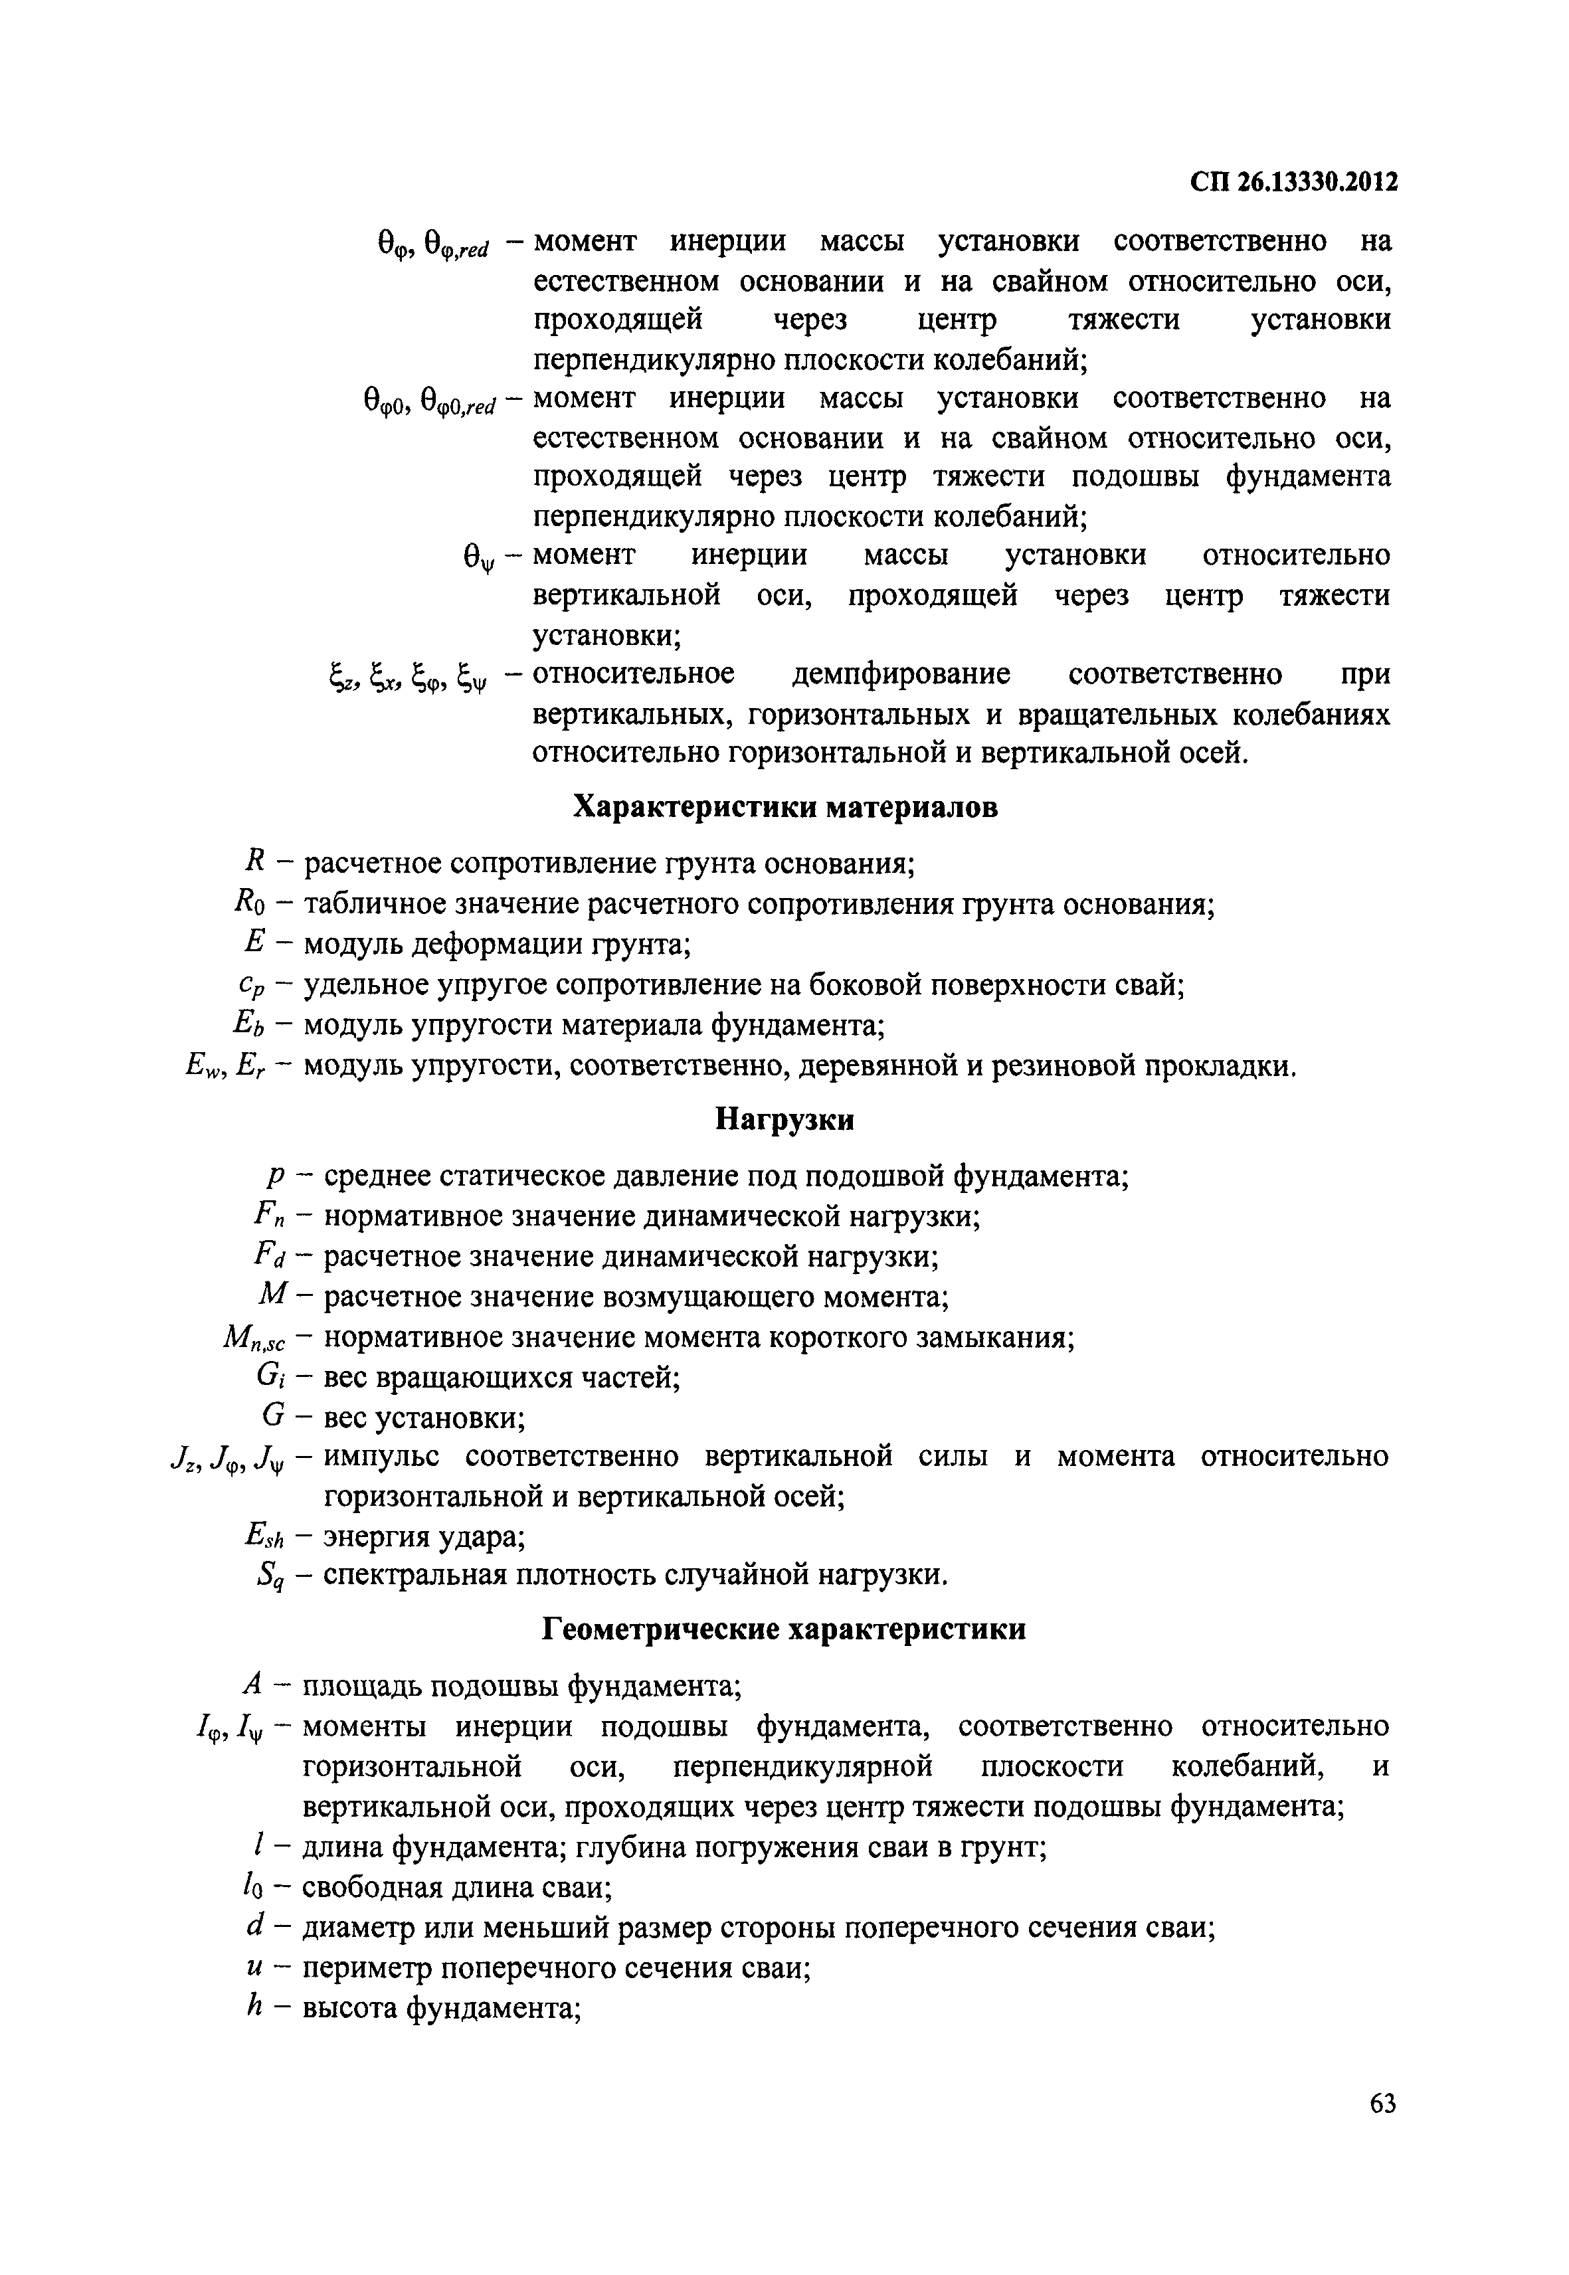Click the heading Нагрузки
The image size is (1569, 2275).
(784, 1120)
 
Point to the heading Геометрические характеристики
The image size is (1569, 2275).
(784, 1630)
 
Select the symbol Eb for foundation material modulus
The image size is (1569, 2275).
(250, 1026)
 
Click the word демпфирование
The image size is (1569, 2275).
(901, 674)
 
